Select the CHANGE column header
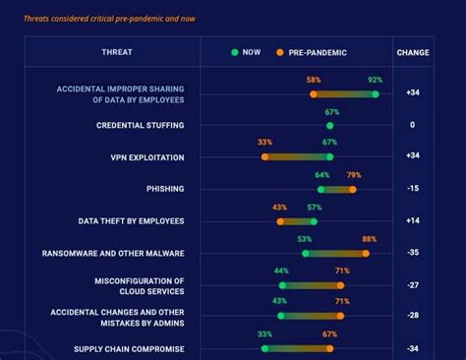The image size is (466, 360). (x=412, y=51)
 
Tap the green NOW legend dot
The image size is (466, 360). (x=235, y=51)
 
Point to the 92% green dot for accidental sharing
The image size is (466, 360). (x=375, y=93)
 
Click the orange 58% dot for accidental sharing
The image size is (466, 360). (x=314, y=93)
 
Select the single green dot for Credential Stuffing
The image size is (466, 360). (x=329, y=125)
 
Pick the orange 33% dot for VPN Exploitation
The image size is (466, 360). (x=264, y=156)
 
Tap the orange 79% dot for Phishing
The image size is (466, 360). (x=353, y=189)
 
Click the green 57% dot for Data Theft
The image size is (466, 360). (x=314, y=221)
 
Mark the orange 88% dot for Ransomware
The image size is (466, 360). (x=366, y=253)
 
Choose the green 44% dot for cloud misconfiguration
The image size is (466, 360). (x=282, y=284)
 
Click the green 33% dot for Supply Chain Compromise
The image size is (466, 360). (x=264, y=348)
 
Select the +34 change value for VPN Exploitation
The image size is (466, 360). (x=412, y=156)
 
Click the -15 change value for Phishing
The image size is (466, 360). (x=412, y=189)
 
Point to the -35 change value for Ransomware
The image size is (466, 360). (x=412, y=253)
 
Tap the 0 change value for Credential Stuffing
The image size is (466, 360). (x=412, y=125)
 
